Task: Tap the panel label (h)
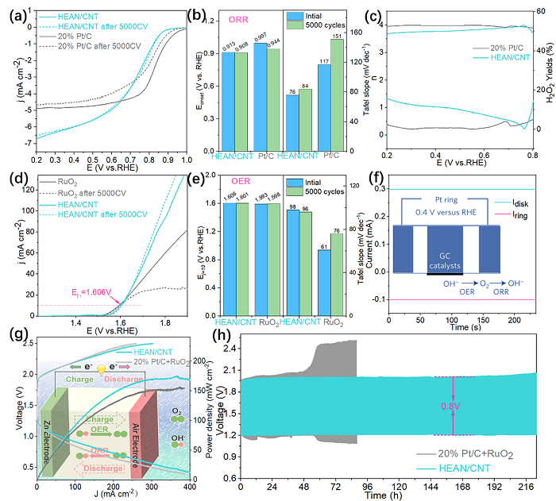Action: (x=227, y=334)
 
